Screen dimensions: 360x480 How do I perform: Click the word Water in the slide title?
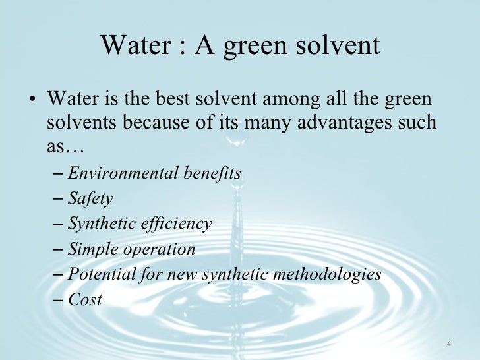pos(136,45)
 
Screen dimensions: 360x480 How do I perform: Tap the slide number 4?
pos(448,344)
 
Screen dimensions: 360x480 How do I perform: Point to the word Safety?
pos(90,199)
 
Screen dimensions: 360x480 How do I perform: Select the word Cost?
pos(85,300)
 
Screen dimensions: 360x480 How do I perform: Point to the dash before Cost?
pos(57,300)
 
